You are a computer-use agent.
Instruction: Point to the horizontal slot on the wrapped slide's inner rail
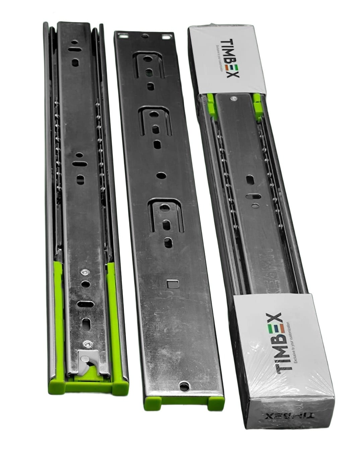click(x=255, y=196)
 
